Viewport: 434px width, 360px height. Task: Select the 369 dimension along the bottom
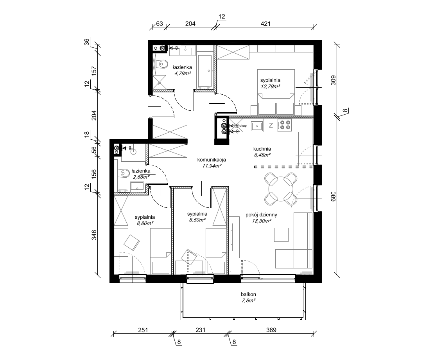(x=269, y=330)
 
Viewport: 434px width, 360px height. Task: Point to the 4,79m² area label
(x=183, y=73)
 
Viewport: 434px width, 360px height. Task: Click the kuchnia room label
(x=262, y=149)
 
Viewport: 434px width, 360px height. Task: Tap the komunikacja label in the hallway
(x=212, y=160)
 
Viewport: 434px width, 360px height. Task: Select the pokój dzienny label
(x=262, y=214)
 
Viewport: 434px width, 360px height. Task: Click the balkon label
(x=249, y=294)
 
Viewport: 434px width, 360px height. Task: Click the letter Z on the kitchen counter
(x=271, y=126)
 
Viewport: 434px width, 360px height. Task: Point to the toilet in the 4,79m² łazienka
(x=160, y=63)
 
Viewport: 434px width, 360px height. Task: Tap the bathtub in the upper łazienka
(x=204, y=70)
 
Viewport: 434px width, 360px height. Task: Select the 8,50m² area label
(x=197, y=220)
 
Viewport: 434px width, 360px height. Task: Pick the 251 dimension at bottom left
(x=143, y=330)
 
